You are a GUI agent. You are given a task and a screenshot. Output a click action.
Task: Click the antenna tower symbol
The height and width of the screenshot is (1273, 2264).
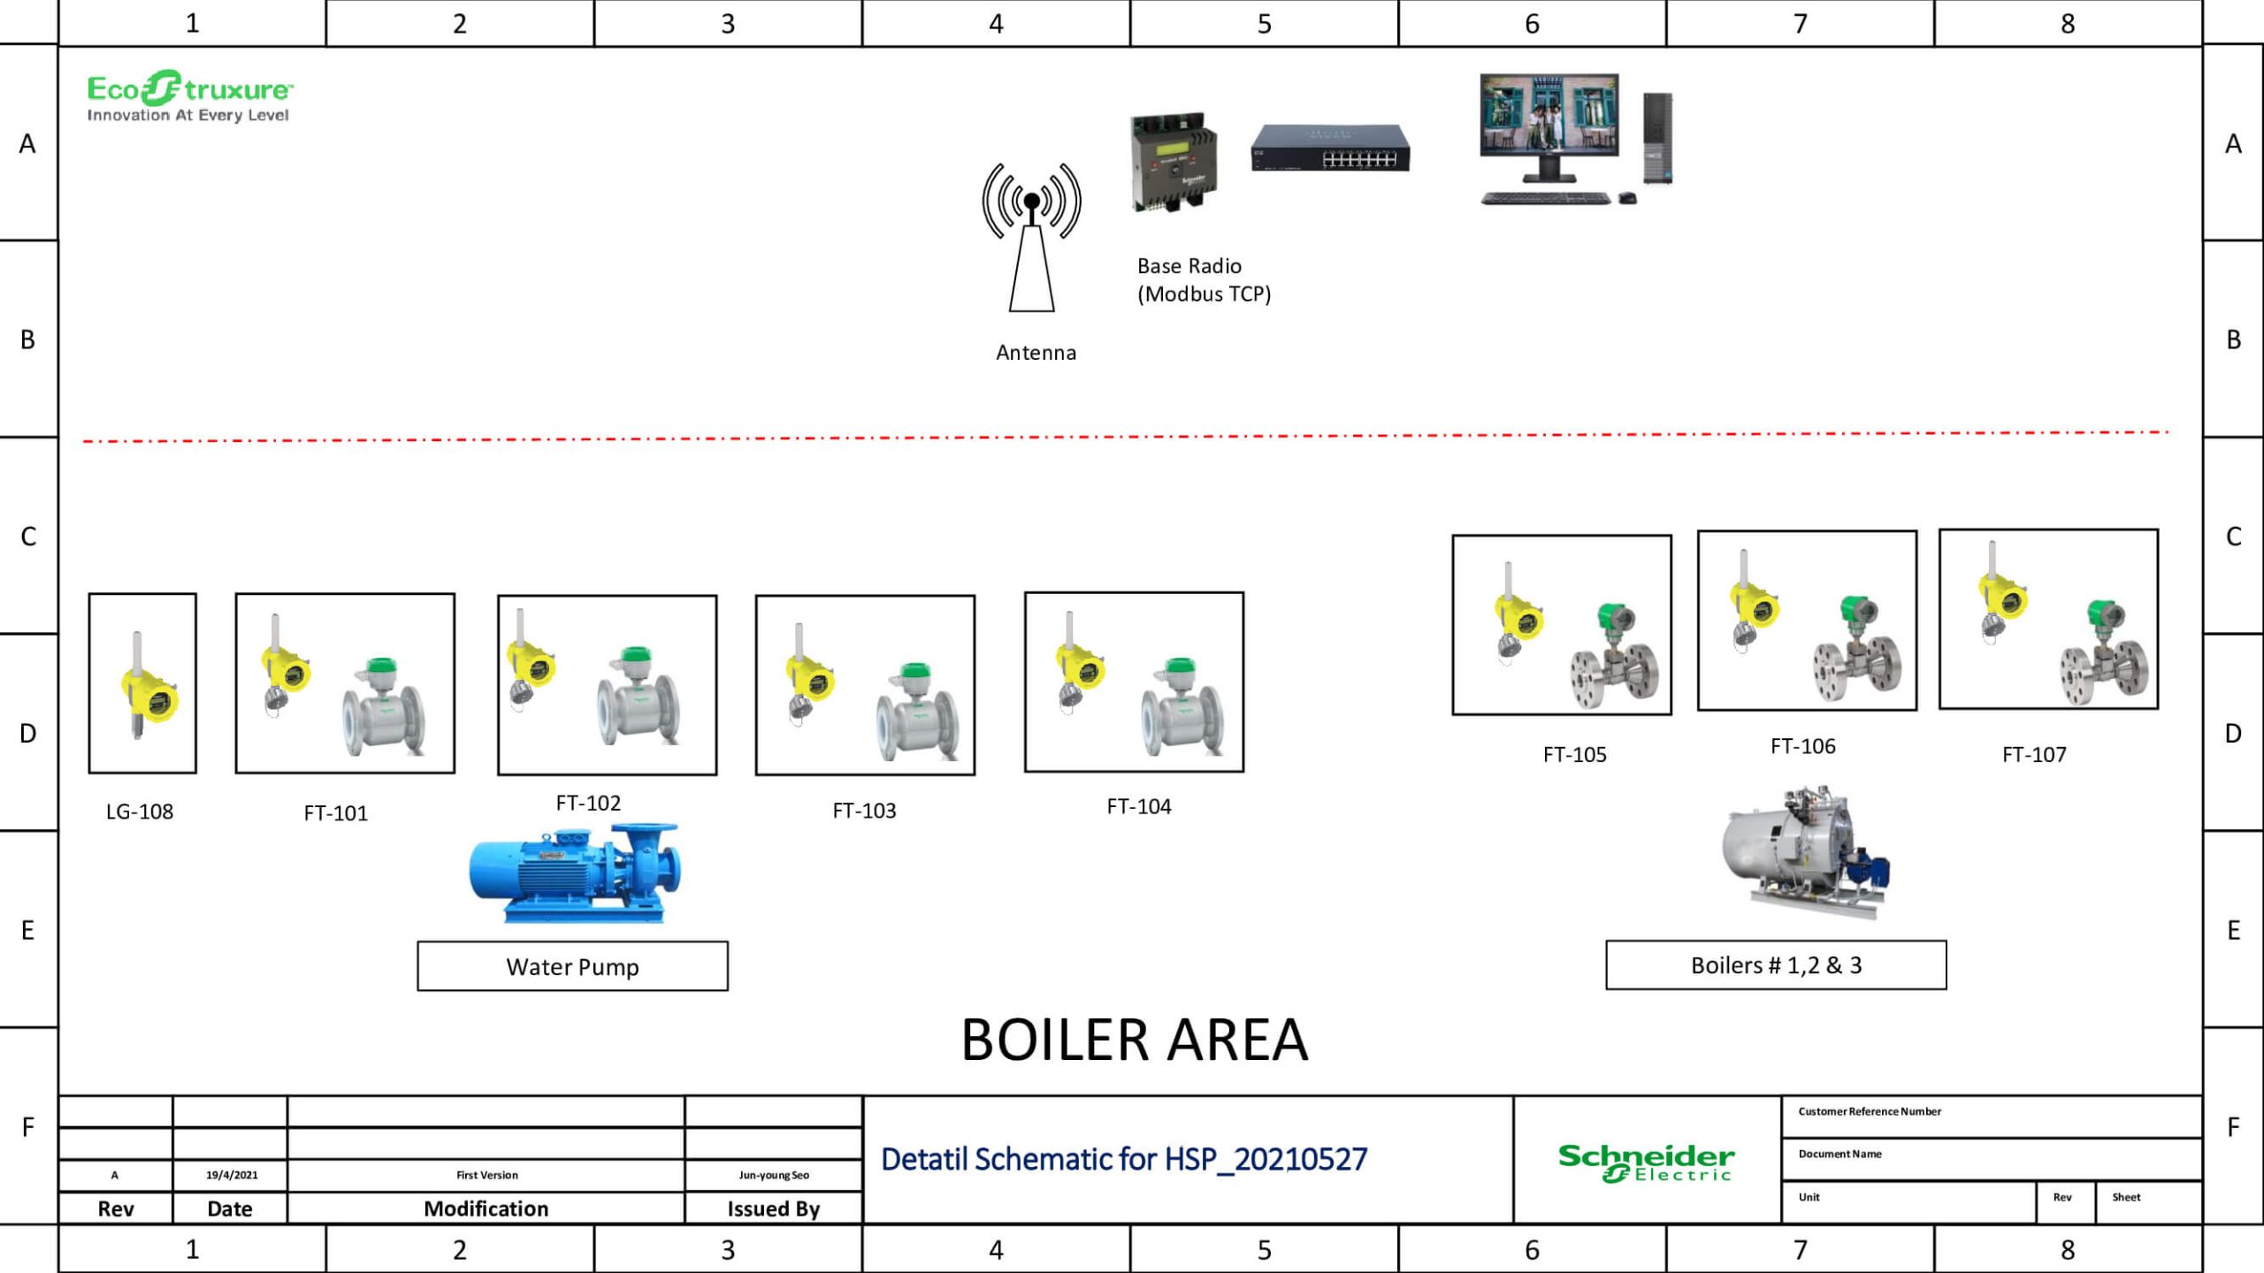[1031, 239]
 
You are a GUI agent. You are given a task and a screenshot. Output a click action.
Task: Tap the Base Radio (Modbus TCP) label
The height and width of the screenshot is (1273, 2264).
[1203, 279]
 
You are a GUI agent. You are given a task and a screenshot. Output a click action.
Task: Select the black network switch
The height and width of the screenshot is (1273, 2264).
[1330, 149]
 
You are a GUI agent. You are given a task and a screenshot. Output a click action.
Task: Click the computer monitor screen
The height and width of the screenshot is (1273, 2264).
[1549, 115]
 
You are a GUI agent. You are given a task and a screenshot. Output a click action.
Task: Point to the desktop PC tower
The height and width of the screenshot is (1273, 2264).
[1657, 138]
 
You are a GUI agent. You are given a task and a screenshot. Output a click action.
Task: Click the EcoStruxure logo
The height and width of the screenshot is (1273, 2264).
[189, 96]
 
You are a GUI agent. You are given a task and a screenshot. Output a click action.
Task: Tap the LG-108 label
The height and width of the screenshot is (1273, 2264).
[140, 812]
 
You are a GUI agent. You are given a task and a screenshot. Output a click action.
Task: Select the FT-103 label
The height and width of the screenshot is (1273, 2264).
[864, 811]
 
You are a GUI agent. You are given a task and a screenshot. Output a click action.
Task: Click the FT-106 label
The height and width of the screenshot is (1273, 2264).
[1802, 746]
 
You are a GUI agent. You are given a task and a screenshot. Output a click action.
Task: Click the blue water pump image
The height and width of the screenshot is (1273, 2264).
[576, 873]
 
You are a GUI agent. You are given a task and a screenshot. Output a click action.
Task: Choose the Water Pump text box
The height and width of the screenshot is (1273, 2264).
[572, 966]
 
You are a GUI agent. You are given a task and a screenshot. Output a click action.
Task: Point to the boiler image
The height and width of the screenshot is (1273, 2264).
[1804, 853]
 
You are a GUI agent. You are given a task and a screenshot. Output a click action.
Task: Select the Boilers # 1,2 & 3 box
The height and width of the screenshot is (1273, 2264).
[1776, 964]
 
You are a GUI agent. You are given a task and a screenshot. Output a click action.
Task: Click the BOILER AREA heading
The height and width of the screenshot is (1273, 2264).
[1134, 1040]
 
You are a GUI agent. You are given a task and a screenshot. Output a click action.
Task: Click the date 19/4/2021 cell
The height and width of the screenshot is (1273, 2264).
[232, 1175]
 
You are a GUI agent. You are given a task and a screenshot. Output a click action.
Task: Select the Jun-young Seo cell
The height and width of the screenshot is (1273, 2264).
[774, 1175]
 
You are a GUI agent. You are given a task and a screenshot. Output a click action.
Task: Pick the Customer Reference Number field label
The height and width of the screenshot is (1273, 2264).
[1870, 1111]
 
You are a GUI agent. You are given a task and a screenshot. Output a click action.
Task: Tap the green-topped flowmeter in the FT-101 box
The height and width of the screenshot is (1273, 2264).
[384, 707]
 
